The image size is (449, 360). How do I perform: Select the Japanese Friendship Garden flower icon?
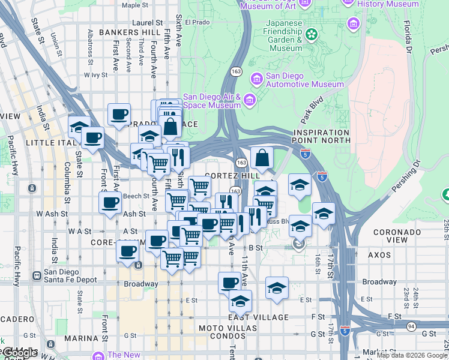click(311, 34)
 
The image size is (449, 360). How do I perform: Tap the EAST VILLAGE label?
click(259, 317)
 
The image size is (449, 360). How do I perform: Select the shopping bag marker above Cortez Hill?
click(262, 159)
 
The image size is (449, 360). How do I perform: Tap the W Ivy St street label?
click(95, 76)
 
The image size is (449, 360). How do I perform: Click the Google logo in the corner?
click(19, 353)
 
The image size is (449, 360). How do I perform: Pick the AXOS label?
click(379, 254)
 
